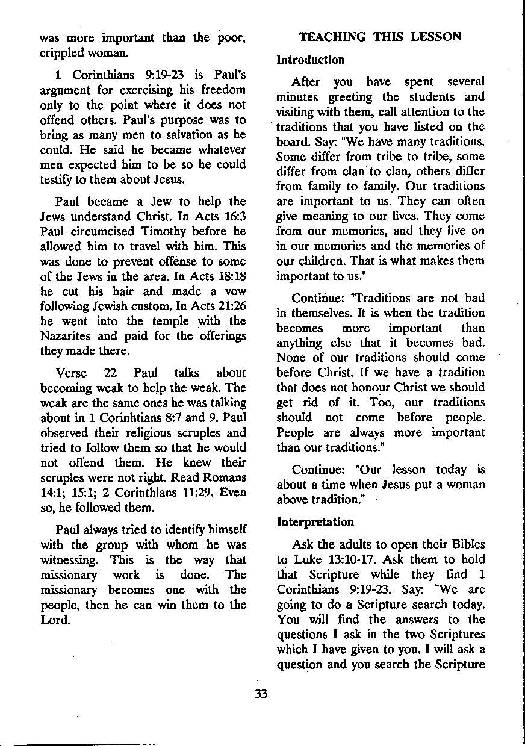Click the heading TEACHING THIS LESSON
pyautogui.click(x=380, y=37)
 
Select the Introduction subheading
pyautogui.click(x=311, y=60)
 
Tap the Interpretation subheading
pyautogui.click(x=315, y=521)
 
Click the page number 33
pyautogui.click(x=261, y=694)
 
